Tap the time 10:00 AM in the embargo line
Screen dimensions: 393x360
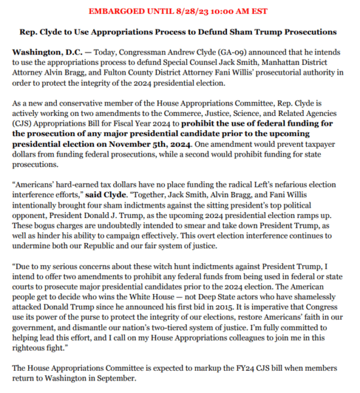tap(223, 11)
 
